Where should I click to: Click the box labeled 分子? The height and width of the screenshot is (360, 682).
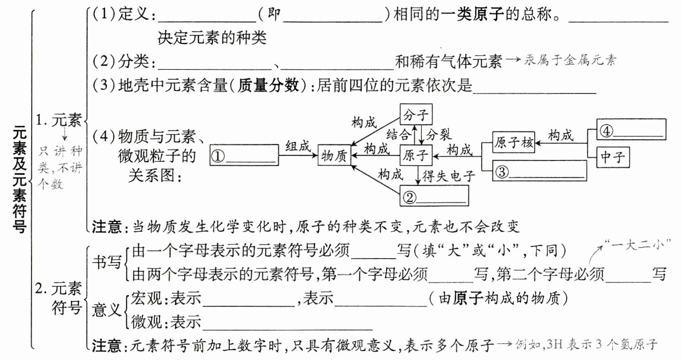[x=416, y=115]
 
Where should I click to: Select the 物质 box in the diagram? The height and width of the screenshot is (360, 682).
[x=334, y=155]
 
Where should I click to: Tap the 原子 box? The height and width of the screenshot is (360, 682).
[x=415, y=155]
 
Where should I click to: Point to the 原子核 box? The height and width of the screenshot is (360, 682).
[x=514, y=142]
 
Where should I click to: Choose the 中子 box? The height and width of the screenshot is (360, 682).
[x=612, y=157]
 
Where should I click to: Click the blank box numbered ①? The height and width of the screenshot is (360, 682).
[x=244, y=155]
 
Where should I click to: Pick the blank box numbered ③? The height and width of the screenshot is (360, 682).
[x=539, y=171]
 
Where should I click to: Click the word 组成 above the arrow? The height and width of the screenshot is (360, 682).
[x=298, y=146]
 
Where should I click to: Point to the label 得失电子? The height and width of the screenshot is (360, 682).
[x=449, y=176]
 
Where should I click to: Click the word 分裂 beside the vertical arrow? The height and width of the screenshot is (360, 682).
[x=438, y=134]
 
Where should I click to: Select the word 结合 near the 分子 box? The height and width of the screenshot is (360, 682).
[x=398, y=134]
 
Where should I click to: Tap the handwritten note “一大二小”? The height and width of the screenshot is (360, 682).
[x=638, y=244]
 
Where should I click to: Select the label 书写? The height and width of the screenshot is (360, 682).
[x=106, y=262]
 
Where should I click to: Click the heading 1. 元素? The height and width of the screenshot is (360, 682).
[x=58, y=120]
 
